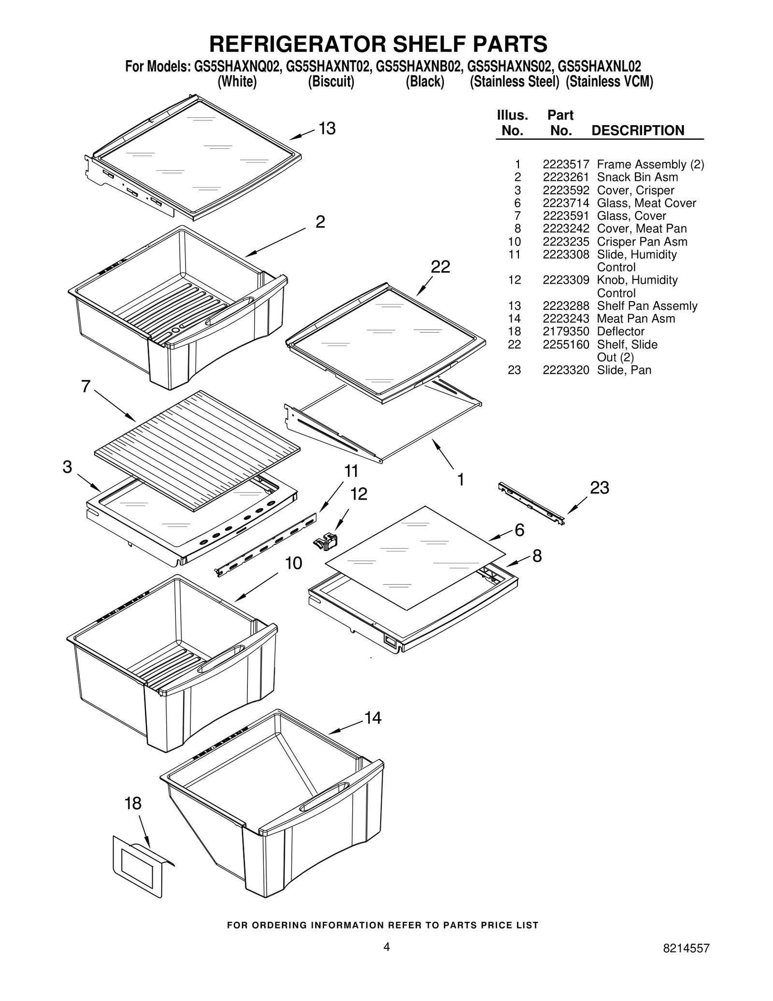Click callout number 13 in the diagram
coord(327,129)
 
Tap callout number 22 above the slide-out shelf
coord(440,267)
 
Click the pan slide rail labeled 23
coord(531,503)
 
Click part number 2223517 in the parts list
coord(565,164)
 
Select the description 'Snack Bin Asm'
coord(637,177)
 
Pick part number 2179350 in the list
coord(565,332)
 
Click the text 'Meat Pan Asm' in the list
coord(636,319)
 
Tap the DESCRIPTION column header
coord(637,131)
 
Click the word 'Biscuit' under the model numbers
coord(331,82)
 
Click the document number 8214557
coord(686,948)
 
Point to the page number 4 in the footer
coord(386,946)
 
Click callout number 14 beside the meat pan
coord(372,718)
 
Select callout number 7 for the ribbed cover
coord(86,387)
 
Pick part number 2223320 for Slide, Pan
coord(565,370)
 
